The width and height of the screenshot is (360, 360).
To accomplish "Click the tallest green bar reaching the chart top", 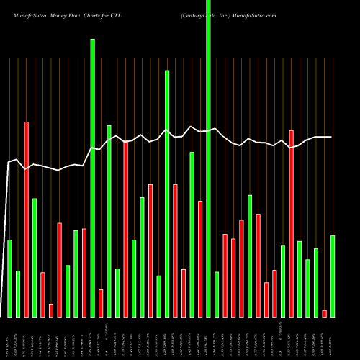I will click(209, 158).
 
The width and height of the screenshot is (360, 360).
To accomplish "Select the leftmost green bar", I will click(9, 278).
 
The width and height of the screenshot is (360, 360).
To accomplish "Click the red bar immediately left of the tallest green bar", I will click(200, 258).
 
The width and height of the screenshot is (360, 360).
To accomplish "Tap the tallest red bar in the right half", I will click(292, 223).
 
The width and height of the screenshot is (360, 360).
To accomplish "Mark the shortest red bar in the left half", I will click(51, 310).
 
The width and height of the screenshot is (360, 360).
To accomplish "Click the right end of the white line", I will click(331, 137).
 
